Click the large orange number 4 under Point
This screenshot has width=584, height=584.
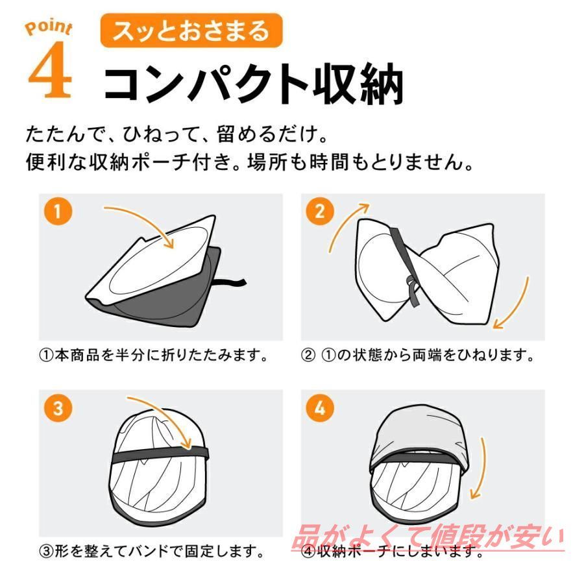(x=50, y=69)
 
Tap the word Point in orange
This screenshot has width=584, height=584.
(x=49, y=27)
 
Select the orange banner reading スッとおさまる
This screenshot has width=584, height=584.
(x=191, y=30)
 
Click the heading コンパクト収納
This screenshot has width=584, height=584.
(x=253, y=82)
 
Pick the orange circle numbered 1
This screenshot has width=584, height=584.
(x=58, y=211)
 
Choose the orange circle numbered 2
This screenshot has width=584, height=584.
(x=320, y=211)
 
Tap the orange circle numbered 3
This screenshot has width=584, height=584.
(x=58, y=408)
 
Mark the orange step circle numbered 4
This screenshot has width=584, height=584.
(x=320, y=408)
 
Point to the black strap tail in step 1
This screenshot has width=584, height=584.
(x=230, y=283)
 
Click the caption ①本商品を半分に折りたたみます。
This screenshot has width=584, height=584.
(x=154, y=356)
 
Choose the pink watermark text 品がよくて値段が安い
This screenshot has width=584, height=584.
(x=428, y=537)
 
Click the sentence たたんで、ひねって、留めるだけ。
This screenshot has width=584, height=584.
(x=177, y=134)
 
